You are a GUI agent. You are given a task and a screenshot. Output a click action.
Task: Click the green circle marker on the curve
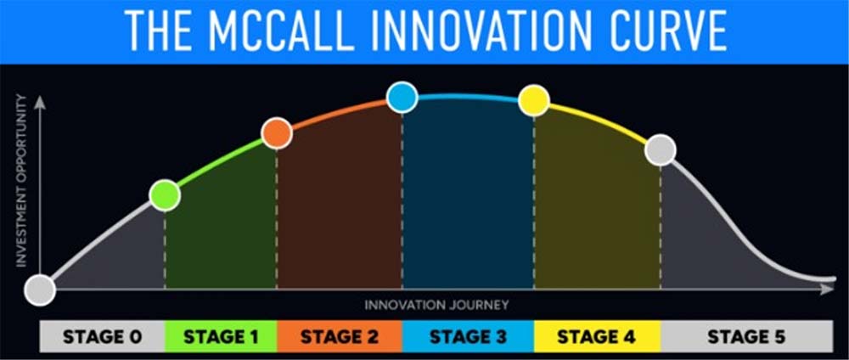pyautogui.click(x=165, y=195)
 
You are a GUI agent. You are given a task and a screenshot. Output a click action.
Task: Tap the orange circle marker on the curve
pyautogui.click(x=277, y=133)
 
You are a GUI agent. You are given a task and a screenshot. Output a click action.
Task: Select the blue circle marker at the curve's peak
pyautogui.click(x=402, y=98)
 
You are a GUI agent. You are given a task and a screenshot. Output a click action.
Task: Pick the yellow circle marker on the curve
pyautogui.click(x=534, y=100)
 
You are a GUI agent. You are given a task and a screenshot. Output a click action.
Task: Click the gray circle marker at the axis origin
pyautogui.click(x=40, y=290)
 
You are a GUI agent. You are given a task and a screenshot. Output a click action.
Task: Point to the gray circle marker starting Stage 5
pyautogui.click(x=661, y=150)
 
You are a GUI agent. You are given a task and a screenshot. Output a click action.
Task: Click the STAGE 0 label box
pyautogui.click(x=103, y=336)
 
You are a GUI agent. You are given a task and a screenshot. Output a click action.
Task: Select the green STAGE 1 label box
pyautogui.click(x=221, y=336)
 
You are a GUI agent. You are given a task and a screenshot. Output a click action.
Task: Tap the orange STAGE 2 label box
pyautogui.click(x=340, y=336)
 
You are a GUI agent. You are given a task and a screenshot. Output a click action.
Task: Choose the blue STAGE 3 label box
pyautogui.click(x=469, y=336)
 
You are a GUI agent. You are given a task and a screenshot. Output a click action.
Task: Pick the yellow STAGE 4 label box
pyautogui.click(x=597, y=336)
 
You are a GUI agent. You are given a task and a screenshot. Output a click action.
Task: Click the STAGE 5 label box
pyautogui.click(x=746, y=336)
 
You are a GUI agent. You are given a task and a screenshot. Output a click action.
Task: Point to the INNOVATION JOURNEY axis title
pyautogui.click(x=436, y=305)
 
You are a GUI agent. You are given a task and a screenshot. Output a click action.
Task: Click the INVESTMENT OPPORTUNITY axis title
pyautogui.click(x=21, y=180)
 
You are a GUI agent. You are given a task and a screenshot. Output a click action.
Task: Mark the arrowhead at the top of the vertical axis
pyautogui.click(x=40, y=102)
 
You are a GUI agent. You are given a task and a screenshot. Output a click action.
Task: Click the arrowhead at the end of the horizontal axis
pyautogui.click(x=828, y=290)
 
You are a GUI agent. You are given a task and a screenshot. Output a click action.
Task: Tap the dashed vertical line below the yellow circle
pyautogui.click(x=534, y=202)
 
